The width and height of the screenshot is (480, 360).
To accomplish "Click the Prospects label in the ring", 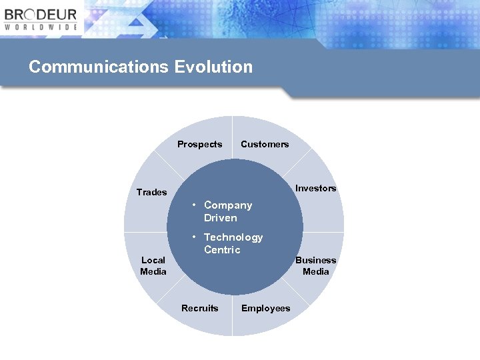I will coord(199,144).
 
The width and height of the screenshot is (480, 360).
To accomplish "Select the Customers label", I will coord(265,144).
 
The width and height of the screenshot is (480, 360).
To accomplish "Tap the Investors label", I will coord(315,188).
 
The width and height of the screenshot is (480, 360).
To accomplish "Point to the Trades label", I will coord(151,192).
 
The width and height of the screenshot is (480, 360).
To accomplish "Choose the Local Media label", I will coord(153,265).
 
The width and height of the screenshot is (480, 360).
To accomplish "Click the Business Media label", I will coord(315,265).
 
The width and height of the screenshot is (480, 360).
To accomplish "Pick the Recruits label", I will coord(199,308).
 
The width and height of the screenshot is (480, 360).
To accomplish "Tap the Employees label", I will coord(265,308).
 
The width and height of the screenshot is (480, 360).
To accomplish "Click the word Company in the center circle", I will coord(228,205).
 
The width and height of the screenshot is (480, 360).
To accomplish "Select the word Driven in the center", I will coord(220,218).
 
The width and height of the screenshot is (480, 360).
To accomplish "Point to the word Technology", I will coord(233,237).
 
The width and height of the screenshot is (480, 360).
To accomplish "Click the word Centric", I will coord(222,250).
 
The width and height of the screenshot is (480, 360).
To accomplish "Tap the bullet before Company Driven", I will coord(193,205).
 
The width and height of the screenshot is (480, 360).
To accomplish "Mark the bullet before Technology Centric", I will coord(193,237).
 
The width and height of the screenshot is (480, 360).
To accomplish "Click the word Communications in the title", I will coord(99,67).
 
